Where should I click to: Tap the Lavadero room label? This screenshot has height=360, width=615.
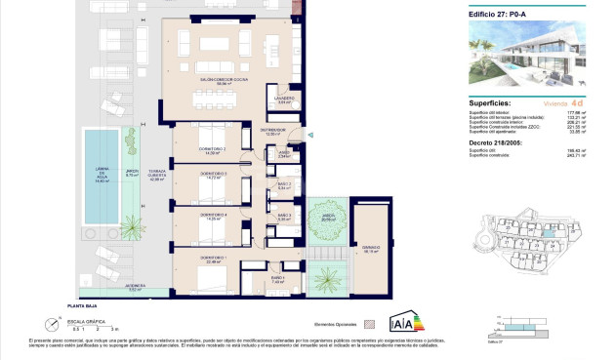click(283, 100)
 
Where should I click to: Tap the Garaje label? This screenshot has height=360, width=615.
click(371, 248)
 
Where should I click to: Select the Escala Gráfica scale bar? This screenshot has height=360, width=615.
click(90, 328)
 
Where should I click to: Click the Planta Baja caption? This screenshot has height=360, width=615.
click(95, 305)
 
